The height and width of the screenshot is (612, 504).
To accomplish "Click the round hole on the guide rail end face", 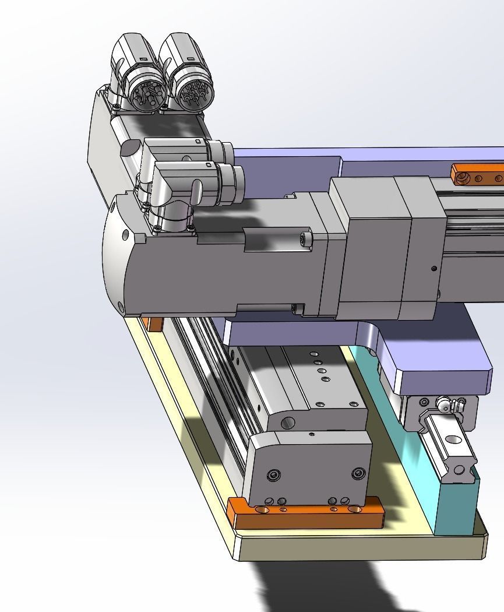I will click(460, 469).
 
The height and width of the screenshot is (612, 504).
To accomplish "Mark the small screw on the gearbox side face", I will click(433, 268).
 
